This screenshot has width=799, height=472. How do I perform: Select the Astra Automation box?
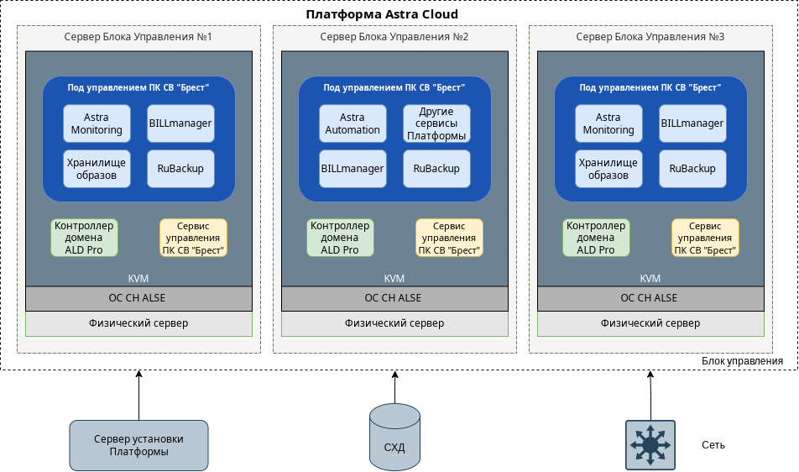pyautogui.click(x=352, y=123)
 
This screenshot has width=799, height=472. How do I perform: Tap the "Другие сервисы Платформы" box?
pyautogui.click(x=436, y=123)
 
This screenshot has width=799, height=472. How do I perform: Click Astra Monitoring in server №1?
pyautogui.click(x=97, y=123)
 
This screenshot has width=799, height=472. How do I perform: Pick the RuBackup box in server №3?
pyautogui.click(x=692, y=168)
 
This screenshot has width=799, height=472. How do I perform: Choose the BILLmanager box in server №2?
pyautogui.click(x=352, y=168)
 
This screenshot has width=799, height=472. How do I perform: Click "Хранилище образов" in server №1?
pyautogui.click(x=97, y=168)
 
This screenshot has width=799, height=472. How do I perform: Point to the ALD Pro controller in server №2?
pyautogui.click(x=340, y=238)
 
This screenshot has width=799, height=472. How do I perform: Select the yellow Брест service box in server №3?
pyautogui.click(x=705, y=238)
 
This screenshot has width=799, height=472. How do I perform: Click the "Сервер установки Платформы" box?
pyautogui.click(x=138, y=445)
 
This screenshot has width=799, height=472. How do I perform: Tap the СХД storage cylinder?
pyautogui.click(x=394, y=437)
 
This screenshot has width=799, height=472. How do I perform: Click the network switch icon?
pyautogui.click(x=650, y=444)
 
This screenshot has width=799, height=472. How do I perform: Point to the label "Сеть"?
pyautogui.click(x=713, y=445)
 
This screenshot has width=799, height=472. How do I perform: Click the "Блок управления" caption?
pyautogui.click(x=742, y=361)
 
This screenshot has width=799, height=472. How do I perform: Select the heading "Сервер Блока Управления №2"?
pyautogui.click(x=394, y=38)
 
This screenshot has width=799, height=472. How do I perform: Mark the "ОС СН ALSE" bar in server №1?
pyautogui.click(x=138, y=298)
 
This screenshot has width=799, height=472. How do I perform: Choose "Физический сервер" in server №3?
pyautogui.click(x=650, y=323)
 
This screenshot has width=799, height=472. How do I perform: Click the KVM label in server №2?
pyautogui.click(x=394, y=279)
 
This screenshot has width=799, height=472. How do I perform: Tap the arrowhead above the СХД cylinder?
pyautogui.click(x=394, y=375)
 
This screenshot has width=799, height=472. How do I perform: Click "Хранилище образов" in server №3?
pyautogui.click(x=608, y=168)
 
